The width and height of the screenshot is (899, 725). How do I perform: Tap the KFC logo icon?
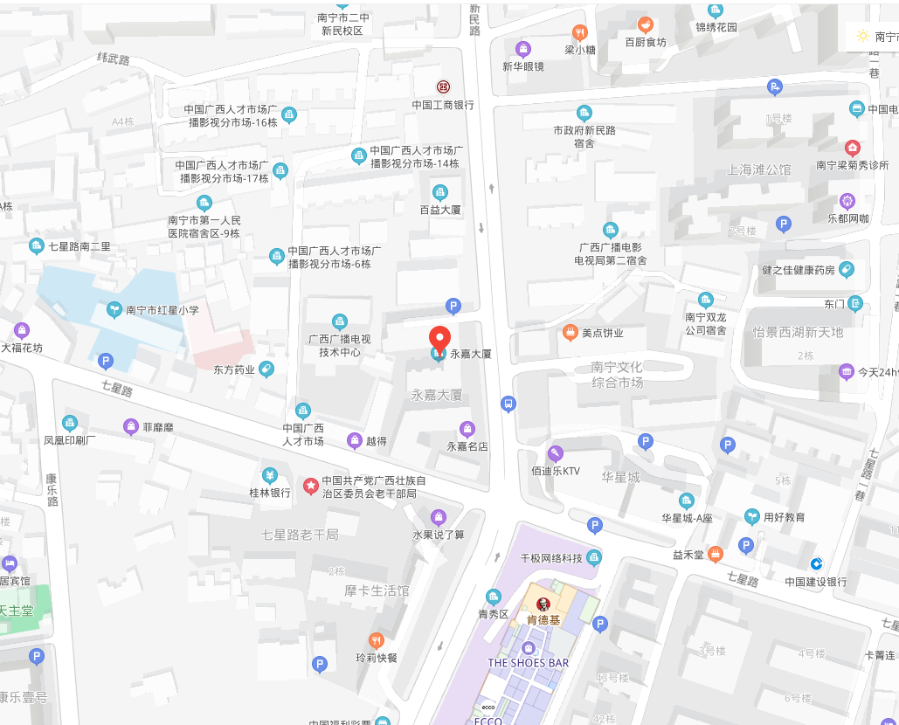(543, 604)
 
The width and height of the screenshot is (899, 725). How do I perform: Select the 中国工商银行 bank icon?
(443, 87)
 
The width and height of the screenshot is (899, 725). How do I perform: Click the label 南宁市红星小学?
(163, 310)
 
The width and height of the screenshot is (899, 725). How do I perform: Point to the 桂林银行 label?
(270, 494)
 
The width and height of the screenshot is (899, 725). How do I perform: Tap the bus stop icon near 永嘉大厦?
(508, 404)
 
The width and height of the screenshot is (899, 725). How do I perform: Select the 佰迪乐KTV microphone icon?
(555, 452)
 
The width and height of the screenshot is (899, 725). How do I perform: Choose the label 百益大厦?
(440, 211)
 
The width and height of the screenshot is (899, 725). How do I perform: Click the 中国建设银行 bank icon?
(816, 563)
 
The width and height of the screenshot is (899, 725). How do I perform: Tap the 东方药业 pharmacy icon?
(266, 369)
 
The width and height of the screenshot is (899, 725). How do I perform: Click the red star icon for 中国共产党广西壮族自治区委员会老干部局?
(310, 486)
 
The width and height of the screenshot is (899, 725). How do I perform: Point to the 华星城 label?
(620, 478)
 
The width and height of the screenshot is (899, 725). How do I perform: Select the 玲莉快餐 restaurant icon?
(377, 640)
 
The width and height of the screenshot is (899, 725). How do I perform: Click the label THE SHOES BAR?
(528, 663)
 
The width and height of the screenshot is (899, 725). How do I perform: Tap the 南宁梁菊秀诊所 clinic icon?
(852, 148)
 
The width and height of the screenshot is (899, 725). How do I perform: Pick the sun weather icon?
(863, 37)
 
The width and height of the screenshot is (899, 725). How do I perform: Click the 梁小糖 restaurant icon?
(579, 33)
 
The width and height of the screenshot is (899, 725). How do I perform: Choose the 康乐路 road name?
(52, 490)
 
